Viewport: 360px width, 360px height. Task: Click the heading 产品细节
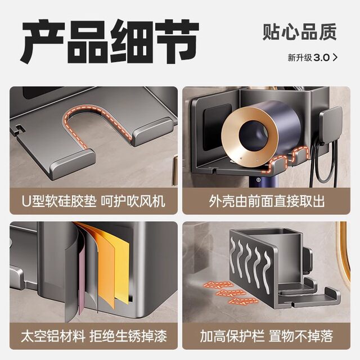(110, 41)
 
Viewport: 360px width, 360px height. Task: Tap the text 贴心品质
(299, 32)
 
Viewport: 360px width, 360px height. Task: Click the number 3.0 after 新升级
(321, 57)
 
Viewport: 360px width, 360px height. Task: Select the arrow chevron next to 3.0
(336, 57)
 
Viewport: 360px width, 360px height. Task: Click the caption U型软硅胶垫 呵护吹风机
(92, 201)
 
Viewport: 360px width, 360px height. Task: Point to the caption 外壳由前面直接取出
(266, 201)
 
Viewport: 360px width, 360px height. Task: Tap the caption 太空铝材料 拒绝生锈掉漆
(93, 336)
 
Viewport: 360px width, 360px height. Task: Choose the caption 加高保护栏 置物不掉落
(267, 336)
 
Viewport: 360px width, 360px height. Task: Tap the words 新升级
(299, 57)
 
